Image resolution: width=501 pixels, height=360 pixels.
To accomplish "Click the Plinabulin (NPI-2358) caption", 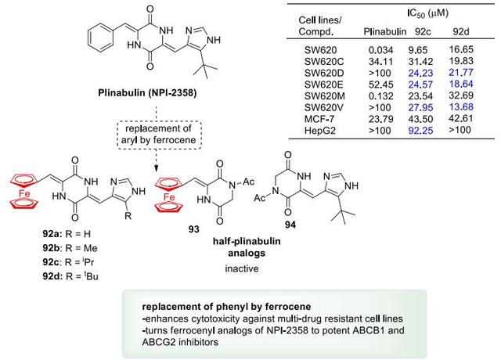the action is (x=147, y=93).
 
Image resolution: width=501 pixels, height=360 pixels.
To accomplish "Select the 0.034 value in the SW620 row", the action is (x=380, y=50).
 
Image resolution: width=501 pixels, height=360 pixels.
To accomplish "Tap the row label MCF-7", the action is (x=319, y=119).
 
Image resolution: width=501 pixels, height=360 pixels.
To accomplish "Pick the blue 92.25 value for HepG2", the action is (x=420, y=131).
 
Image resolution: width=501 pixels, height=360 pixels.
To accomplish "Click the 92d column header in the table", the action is (x=461, y=31).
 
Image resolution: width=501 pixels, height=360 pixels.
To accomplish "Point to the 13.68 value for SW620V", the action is (x=461, y=107).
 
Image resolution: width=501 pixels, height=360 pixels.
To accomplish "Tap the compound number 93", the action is (x=193, y=229).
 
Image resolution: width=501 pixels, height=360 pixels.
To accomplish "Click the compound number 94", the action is (x=290, y=225).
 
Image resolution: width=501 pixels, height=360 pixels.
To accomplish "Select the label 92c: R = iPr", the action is (x=68, y=262).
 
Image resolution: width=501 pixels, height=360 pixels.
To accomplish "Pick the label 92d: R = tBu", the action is (x=70, y=276).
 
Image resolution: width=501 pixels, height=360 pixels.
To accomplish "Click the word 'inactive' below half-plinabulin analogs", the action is (x=242, y=268).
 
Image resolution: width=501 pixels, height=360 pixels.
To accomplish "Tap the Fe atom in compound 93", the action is (x=169, y=196).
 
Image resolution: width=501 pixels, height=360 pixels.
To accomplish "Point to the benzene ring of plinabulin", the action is (x=99, y=40).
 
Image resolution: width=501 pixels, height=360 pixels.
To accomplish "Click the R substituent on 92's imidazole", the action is (x=128, y=216).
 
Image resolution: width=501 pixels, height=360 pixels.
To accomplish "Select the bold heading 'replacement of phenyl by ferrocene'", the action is (x=226, y=307).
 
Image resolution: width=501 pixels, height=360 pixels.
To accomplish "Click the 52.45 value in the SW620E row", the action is (x=380, y=85).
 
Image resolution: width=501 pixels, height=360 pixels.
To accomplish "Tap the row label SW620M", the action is (x=325, y=96).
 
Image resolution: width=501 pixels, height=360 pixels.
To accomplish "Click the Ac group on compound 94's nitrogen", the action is (x=260, y=198).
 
